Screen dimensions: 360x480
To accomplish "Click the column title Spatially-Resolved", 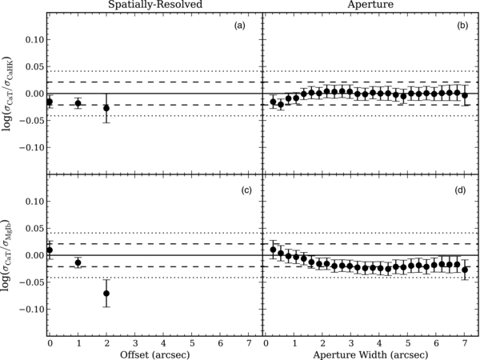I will (x=155, y=6).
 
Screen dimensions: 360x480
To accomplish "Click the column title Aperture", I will (x=371, y=6).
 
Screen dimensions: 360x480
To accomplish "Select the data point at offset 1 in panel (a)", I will (x=78, y=103).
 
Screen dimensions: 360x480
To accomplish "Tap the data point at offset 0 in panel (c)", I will (x=50, y=250).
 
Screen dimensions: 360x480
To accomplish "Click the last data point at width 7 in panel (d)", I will (x=465, y=270).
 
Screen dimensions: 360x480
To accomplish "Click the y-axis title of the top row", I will (x=8, y=93).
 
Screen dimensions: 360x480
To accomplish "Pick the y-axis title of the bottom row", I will (x=8, y=254).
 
